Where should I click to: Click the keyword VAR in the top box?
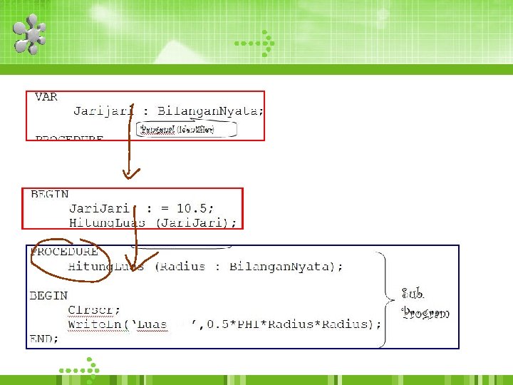(x=46, y=97)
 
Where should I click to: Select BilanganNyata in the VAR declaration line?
(x=210, y=111)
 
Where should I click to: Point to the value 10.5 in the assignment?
(x=194, y=208)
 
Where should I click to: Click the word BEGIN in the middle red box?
(x=49, y=194)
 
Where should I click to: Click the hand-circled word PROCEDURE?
(x=64, y=252)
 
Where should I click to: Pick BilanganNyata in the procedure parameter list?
(x=280, y=267)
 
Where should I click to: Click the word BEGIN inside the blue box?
(x=48, y=295)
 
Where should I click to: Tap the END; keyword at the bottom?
(x=44, y=339)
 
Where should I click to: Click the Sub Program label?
(x=425, y=303)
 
